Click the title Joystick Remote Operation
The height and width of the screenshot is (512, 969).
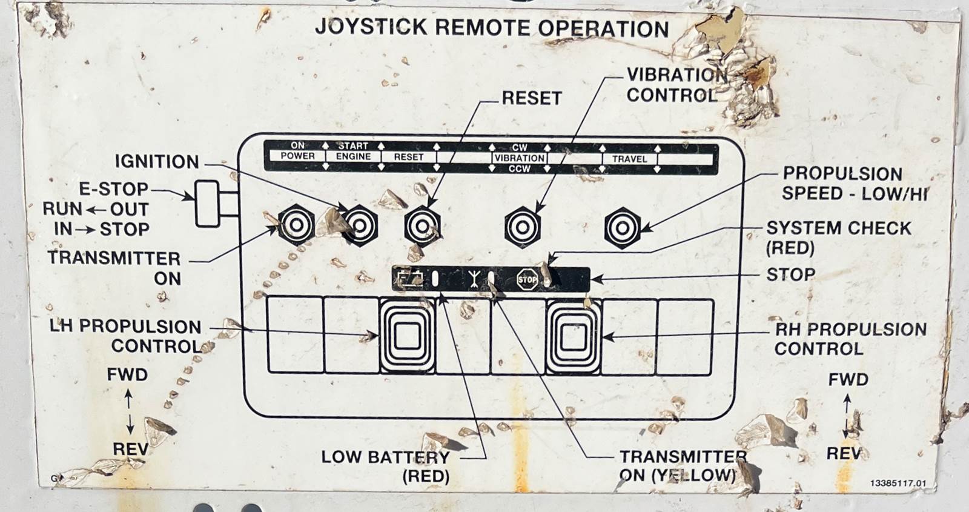pyautogui.click(x=492, y=28)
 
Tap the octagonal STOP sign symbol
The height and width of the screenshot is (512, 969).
pyautogui.click(x=526, y=279)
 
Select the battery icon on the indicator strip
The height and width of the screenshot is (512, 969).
pyautogui.click(x=411, y=279)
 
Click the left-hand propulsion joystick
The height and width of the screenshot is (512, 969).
pyautogui.click(x=407, y=335)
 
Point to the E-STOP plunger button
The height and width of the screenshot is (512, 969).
pyautogui.click(x=208, y=204)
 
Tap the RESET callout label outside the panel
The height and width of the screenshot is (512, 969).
pyautogui.click(x=531, y=98)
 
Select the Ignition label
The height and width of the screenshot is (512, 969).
pyautogui.click(x=157, y=162)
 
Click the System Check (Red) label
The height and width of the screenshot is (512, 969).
pyautogui.click(x=838, y=238)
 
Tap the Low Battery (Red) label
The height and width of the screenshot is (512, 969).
pyautogui.click(x=385, y=466)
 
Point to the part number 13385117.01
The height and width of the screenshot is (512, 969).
pyautogui.click(x=898, y=483)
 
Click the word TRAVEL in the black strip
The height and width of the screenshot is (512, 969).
pyautogui.click(x=629, y=159)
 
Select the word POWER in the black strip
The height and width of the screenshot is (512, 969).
pyautogui.click(x=297, y=156)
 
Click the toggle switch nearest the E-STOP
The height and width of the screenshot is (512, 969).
pyautogui.click(x=296, y=225)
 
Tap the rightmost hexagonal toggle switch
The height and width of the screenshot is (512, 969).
pyautogui.click(x=622, y=228)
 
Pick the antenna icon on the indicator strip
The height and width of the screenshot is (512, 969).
pyautogui.click(x=474, y=279)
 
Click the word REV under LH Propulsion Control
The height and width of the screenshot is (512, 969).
pyautogui.click(x=130, y=449)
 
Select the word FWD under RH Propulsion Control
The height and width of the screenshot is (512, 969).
pyautogui.click(x=848, y=380)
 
